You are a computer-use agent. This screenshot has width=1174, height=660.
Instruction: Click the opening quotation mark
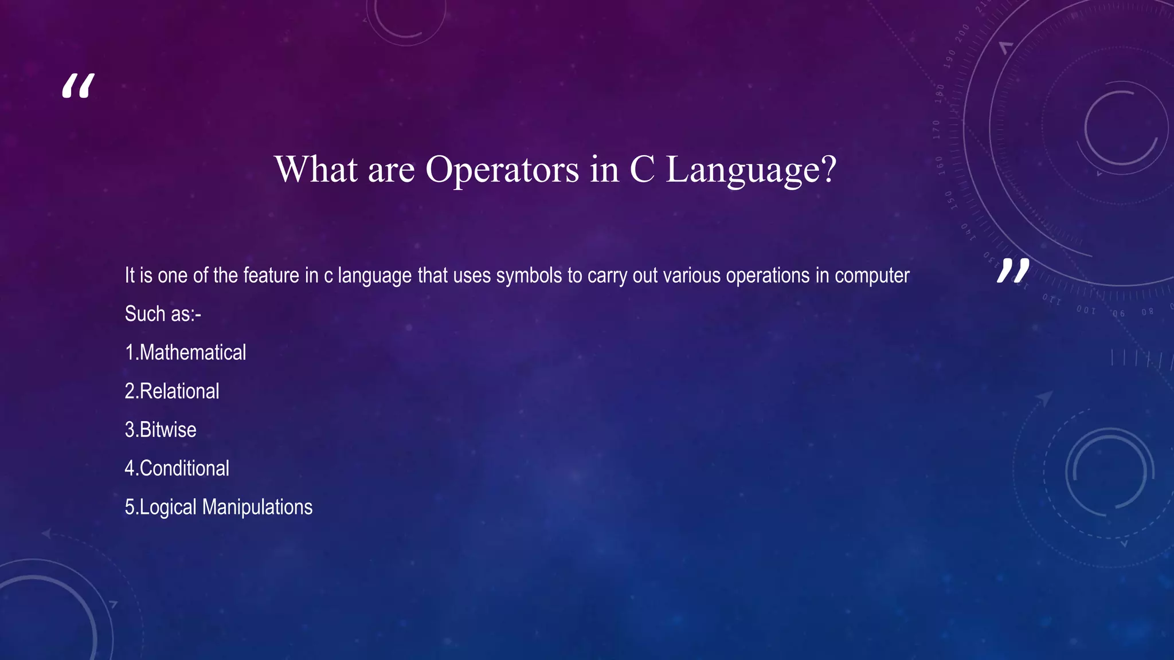pyautogui.click(x=78, y=87)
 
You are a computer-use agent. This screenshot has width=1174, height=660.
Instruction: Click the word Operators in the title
pyautogui.click(x=502, y=170)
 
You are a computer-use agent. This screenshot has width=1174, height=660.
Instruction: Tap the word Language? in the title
pyautogui.click(x=751, y=170)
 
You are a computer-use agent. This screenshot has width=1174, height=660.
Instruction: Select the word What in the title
pyautogui.click(x=316, y=170)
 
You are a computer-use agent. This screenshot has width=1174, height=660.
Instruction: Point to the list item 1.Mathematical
pyautogui.click(x=186, y=352)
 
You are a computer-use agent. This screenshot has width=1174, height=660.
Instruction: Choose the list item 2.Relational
pyautogui.click(x=172, y=391)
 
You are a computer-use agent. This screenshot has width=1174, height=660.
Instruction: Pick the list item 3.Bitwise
pyautogui.click(x=161, y=430)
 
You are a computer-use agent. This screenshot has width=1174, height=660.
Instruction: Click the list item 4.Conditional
pyautogui.click(x=177, y=469)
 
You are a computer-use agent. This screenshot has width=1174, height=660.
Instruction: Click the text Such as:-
pyautogui.click(x=163, y=314)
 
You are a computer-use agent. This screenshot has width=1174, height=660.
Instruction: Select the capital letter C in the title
pyautogui.click(x=643, y=170)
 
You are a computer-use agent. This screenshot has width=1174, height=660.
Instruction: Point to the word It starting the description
pyautogui.click(x=130, y=276)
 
